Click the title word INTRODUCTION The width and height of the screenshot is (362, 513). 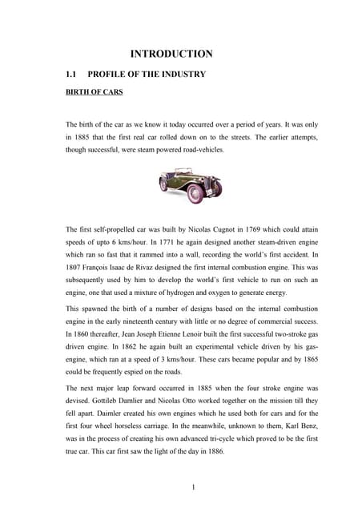[171, 55]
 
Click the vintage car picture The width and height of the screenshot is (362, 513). [190, 186]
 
